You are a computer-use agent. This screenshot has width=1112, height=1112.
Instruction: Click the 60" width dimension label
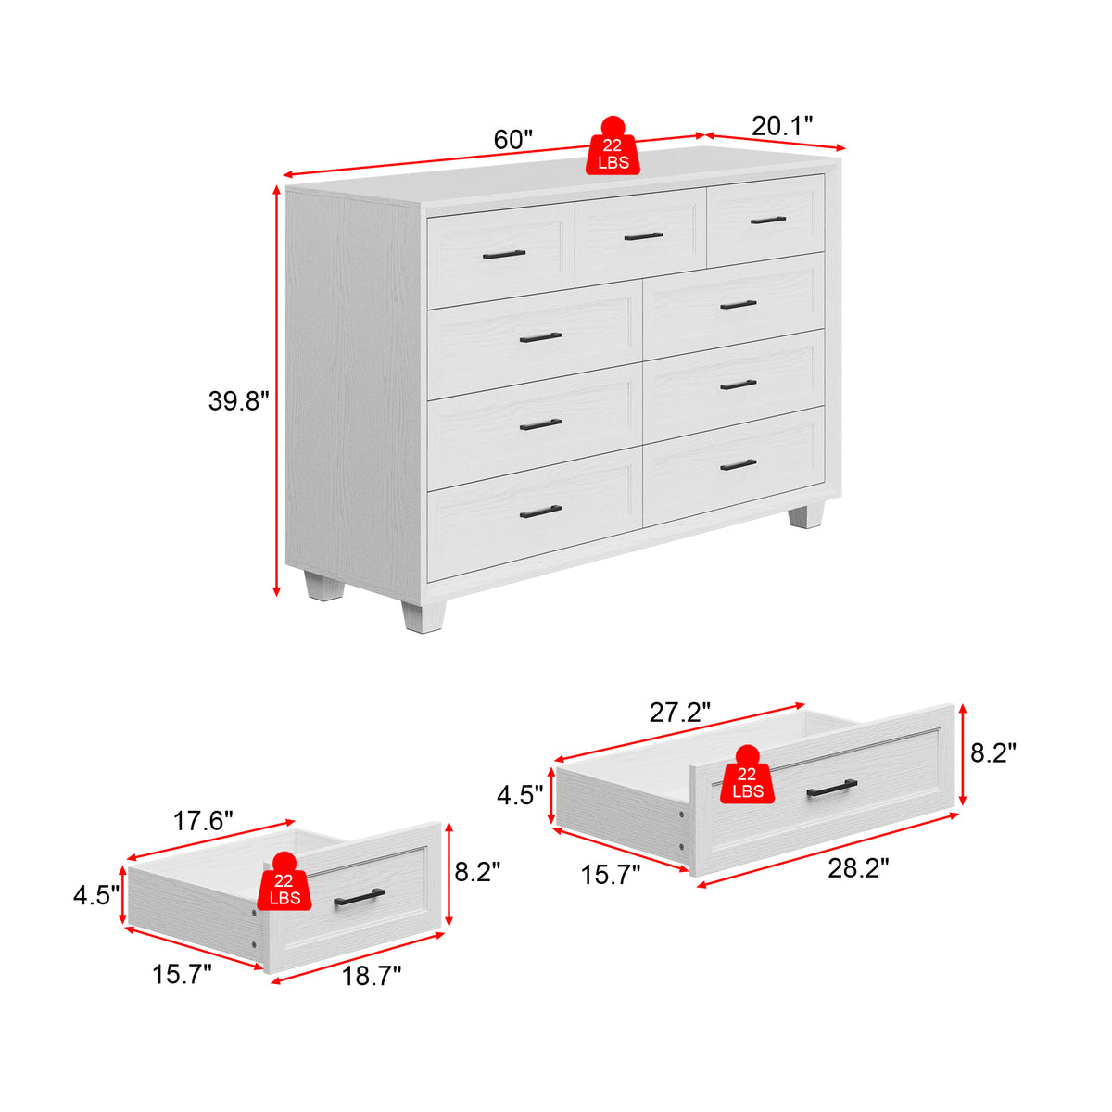pos(513,140)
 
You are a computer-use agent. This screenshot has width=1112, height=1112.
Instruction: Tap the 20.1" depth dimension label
pos(782,126)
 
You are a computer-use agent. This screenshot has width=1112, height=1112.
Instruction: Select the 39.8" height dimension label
pos(238,401)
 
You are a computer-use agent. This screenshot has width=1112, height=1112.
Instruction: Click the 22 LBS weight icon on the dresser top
pos(613,146)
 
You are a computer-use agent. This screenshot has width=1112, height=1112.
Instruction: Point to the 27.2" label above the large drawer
pos(680,713)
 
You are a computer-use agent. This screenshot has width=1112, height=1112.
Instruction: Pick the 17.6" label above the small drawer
pos(203,821)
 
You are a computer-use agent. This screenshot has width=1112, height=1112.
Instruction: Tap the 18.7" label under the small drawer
pos(372,976)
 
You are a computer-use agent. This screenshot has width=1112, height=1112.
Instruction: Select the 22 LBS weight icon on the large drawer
pos(747,775)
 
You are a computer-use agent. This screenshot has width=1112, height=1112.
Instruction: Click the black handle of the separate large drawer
pos(831,788)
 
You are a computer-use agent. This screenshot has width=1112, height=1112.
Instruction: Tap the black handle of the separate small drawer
pos(359,897)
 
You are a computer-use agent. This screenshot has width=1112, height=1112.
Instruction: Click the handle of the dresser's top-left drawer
pos(504,254)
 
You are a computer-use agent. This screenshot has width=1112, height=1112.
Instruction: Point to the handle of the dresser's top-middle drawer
pos(643,236)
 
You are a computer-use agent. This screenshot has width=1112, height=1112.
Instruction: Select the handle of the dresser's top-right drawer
pos(768,220)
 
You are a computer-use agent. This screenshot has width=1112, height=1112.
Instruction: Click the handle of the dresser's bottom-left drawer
pos(540,512)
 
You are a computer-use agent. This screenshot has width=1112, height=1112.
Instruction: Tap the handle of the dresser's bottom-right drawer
pos(738,464)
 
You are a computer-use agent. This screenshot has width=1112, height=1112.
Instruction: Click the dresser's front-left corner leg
pos(423,617)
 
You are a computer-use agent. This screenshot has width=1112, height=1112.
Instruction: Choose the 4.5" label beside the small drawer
pos(96,895)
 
